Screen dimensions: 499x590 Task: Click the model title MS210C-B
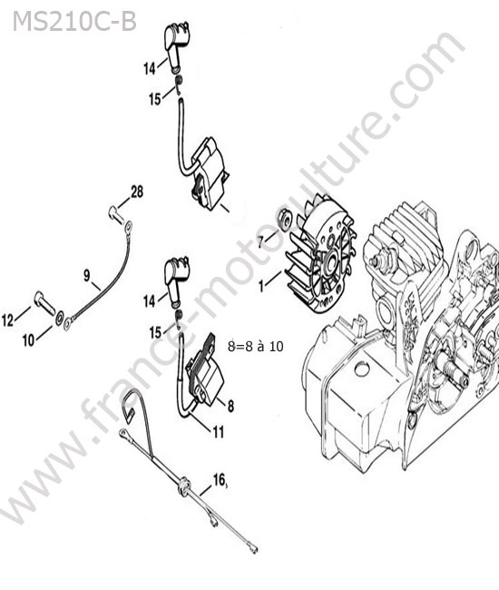74,22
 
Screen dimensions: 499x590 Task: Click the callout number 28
137,192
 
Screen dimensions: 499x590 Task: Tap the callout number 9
87,276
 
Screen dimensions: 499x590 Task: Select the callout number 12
8,320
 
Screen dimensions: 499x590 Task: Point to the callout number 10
28,340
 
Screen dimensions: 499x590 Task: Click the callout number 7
261,241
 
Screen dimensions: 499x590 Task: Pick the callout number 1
261,286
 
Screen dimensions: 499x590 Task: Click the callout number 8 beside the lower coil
230,406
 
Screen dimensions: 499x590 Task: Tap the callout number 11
219,431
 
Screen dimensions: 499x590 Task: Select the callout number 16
220,480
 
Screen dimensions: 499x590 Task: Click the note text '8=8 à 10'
255,346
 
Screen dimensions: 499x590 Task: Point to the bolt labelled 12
44,301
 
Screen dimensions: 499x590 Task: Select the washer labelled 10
59,319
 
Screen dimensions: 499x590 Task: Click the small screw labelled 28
116,214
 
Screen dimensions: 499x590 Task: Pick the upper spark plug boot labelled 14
175,46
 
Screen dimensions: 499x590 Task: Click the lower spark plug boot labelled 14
176,280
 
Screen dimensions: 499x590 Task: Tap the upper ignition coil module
209,172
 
